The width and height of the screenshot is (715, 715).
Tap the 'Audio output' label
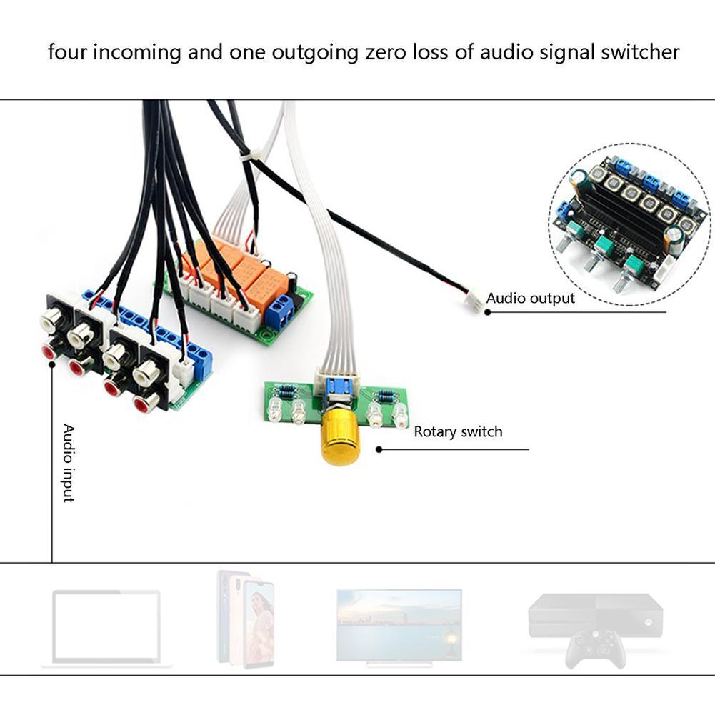(x=531, y=298)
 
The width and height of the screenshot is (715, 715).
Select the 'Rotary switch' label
(x=458, y=431)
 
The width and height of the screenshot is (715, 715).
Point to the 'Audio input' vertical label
(x=69, y=463)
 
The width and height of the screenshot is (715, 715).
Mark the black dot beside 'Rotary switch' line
(x=379, y=449)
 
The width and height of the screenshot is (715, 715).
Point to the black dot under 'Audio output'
(x=487, y=311)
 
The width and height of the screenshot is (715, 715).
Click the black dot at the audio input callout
(x=52, y=365)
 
